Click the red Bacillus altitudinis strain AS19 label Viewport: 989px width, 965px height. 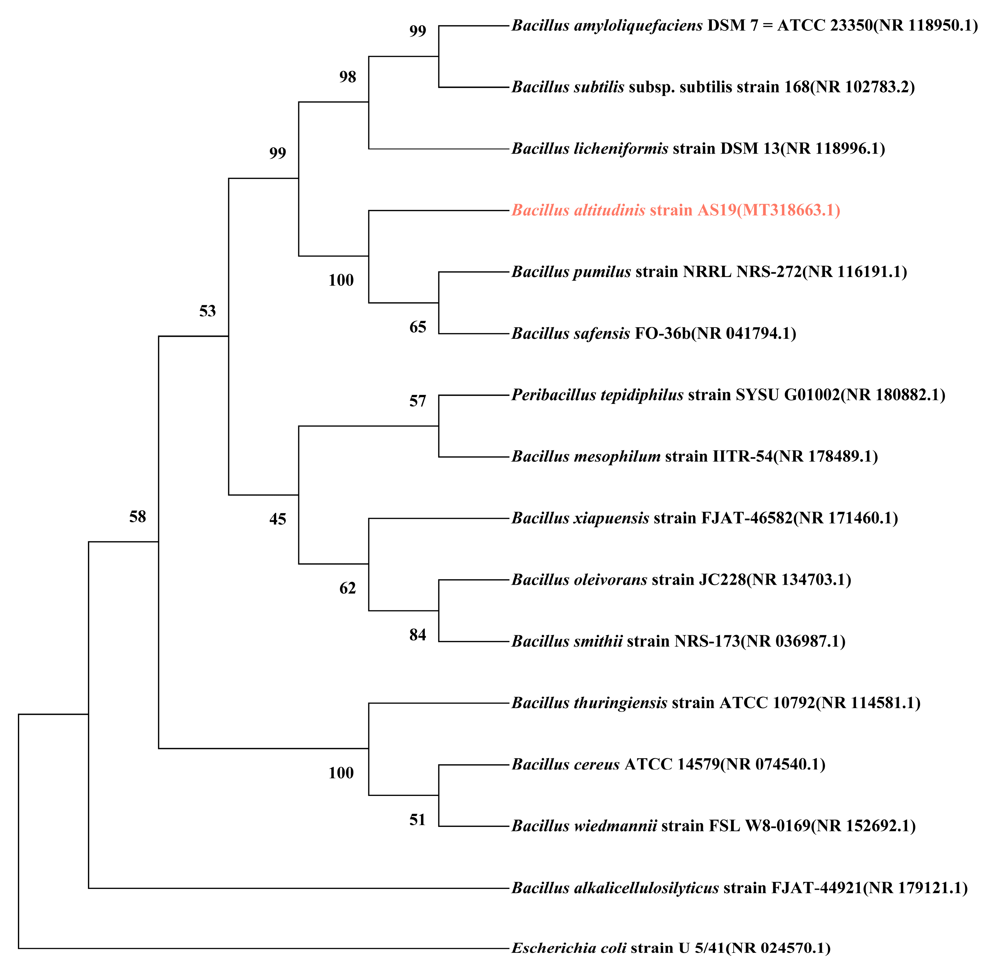(675, 210)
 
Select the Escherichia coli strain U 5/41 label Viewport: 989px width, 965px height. (671, 948)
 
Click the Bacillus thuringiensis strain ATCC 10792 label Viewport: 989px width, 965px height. (716, 703)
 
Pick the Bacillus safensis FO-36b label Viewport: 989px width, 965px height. (653, 334)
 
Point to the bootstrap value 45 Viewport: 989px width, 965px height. (277, 519)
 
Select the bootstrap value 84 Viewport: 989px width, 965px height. (418, 635)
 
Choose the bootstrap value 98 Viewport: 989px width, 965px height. (348, 77)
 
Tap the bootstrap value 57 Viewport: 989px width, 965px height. (418, 401)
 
